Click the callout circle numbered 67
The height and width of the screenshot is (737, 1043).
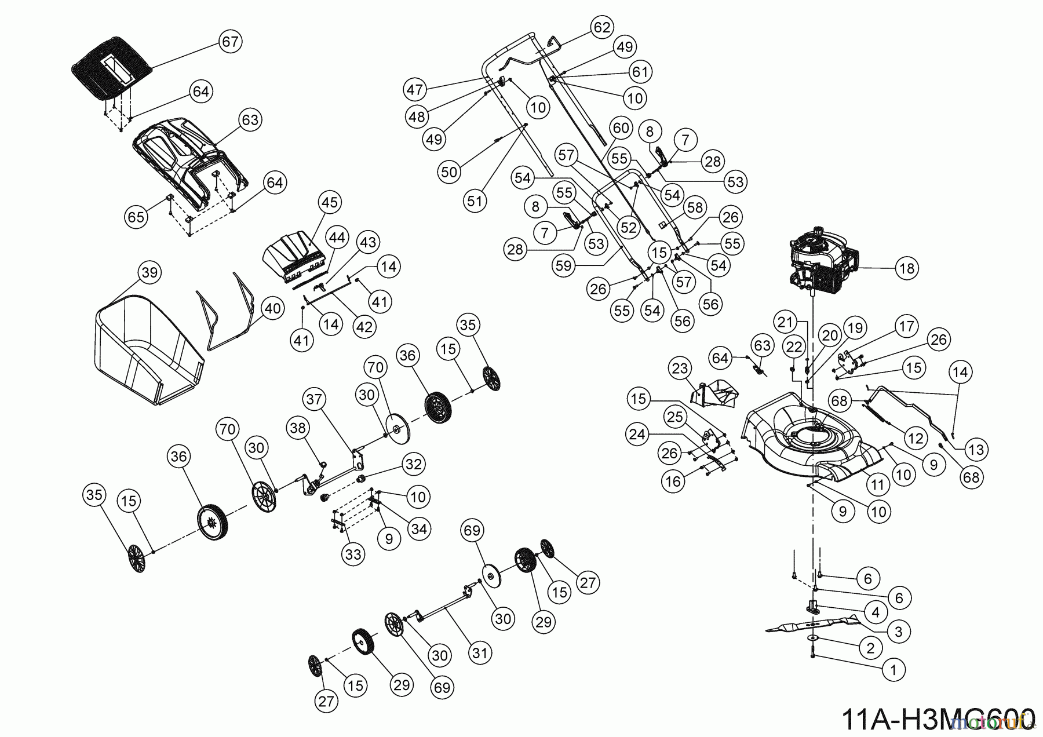coord(231,42)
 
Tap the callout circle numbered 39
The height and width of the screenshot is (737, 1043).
coord(149,272)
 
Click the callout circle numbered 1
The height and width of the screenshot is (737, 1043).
coord(893,670)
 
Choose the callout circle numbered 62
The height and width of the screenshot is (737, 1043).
coord(601,27)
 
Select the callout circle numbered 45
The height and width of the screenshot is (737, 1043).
coord(330,203)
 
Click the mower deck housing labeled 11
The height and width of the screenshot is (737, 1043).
coord(811,432)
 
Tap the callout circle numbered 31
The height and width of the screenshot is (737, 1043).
coord(479,653)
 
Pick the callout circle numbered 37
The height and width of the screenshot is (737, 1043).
coord(314,400)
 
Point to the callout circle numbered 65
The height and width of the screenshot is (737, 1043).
coord(136,217)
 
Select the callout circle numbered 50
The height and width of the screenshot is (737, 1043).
coord(449,172)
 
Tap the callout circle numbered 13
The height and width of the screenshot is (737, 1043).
coord(976,449)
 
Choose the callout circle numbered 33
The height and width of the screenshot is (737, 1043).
coord(353,554)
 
